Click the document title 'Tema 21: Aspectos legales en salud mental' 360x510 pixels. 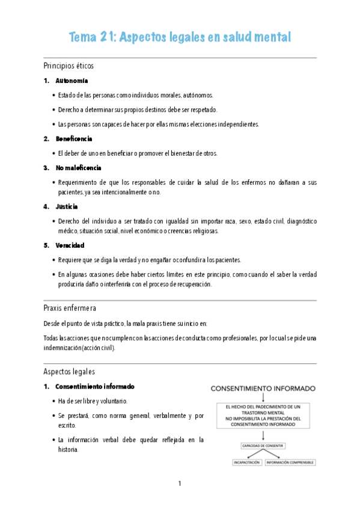coord(180,37)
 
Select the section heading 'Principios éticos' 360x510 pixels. coord(68,65)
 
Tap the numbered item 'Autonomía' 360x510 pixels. coord(72,81)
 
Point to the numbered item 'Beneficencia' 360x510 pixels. coord(73,139)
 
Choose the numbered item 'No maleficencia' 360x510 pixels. coord(78,168)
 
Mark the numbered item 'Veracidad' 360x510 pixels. coord(70,245)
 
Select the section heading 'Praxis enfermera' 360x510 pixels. coord(69,308)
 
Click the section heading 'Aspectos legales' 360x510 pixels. coord(69,371)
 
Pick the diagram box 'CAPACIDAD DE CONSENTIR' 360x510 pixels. coord(263,446)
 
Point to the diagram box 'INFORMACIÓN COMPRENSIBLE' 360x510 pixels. coord(290,462)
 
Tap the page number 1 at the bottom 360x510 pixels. coord(180,483)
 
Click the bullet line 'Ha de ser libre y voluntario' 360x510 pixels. coord(93,401)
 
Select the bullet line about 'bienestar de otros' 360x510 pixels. coord(138,153)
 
